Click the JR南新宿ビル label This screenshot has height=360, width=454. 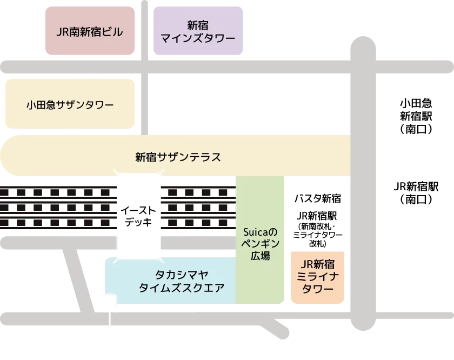pyautogui.click(x=90, y=32)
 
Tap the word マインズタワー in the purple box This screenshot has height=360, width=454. pyautogui.click(x=198, y=39)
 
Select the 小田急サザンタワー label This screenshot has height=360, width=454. pyautogui.click(x=70, y=105)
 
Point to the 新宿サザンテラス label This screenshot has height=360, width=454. pyautogui.click(x=178, y=157)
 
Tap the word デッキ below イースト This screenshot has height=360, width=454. pyautogui.click(x=139, y=222)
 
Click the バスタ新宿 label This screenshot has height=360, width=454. pyautogui.click(x=317, y=198)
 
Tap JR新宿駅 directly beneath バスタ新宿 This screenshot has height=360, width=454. pyautogui.click(x=317, y=214)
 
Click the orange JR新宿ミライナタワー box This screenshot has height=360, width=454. pyautogui.click(x=317, y=276)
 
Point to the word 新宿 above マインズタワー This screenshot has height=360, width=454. pyautogui.click(x=198, y=25)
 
